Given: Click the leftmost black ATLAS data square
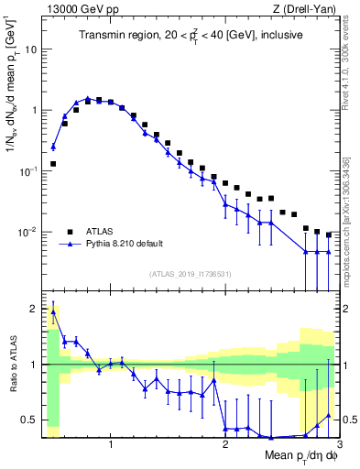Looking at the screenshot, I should pos(53,164).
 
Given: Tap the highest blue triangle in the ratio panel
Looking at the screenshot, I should pos(53,311).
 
